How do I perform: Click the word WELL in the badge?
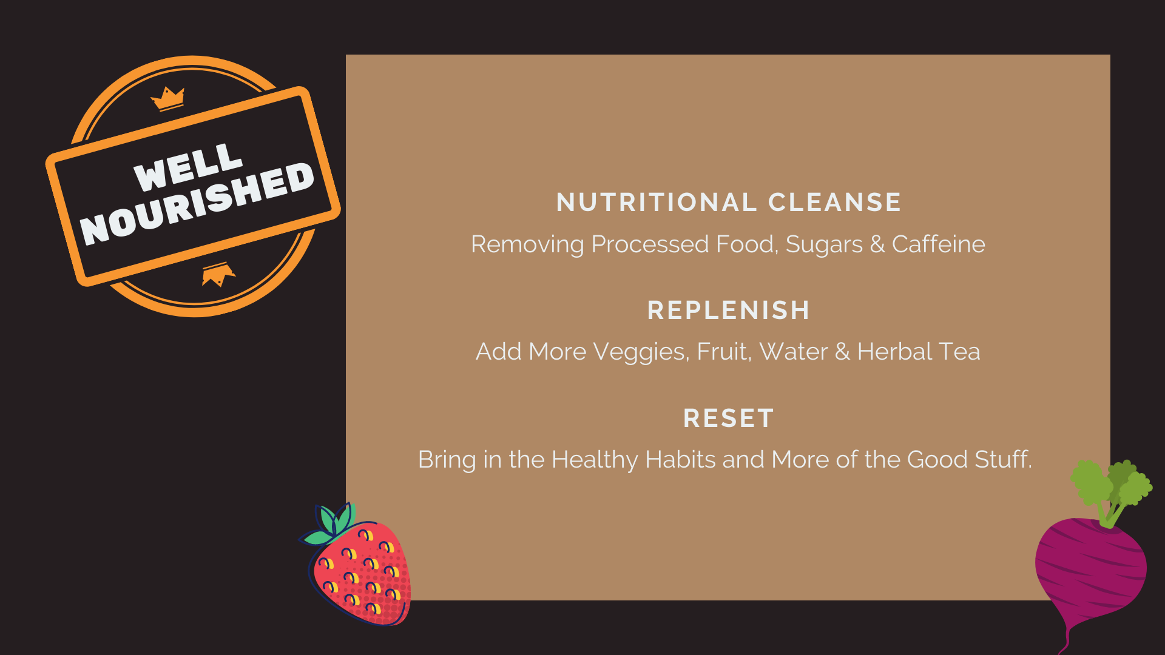[188, 167]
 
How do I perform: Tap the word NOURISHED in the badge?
[197, 203]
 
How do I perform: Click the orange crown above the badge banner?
[168, 99]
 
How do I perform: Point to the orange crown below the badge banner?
[218, 274]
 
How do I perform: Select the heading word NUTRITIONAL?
[655, 203]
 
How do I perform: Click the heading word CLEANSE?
[835, 203]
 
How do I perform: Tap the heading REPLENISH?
[728, 311]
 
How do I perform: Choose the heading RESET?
[728, 418]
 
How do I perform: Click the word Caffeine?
[938, 244]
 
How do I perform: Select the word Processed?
[650, 244]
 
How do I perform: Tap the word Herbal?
[894, 351]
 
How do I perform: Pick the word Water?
[794, 352]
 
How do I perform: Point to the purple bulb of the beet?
[1091, 573]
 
